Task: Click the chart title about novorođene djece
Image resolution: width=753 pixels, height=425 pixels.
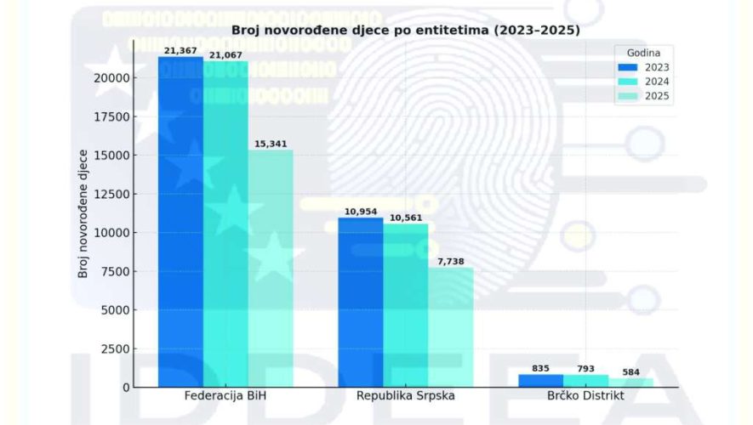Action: point(406,31)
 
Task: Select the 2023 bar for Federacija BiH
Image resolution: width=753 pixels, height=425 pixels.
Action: point(180,221)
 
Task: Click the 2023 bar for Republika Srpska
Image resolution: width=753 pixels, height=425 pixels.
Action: point(361,302)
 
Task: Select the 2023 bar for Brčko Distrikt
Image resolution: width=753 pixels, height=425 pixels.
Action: point(540,380)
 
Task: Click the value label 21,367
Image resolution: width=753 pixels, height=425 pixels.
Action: point(180,50)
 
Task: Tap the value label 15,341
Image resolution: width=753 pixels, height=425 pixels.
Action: point(271,144)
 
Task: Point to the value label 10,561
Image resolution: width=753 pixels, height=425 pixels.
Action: point(406,218)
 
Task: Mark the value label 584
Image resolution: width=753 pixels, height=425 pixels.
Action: point(630,371)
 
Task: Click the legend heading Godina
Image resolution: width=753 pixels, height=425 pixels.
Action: point(643,51)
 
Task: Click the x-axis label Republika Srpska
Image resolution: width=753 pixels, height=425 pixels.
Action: point(406,397)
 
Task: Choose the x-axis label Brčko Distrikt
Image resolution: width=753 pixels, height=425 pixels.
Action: point(585,397)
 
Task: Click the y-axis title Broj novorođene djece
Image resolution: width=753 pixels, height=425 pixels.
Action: point(83,213)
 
